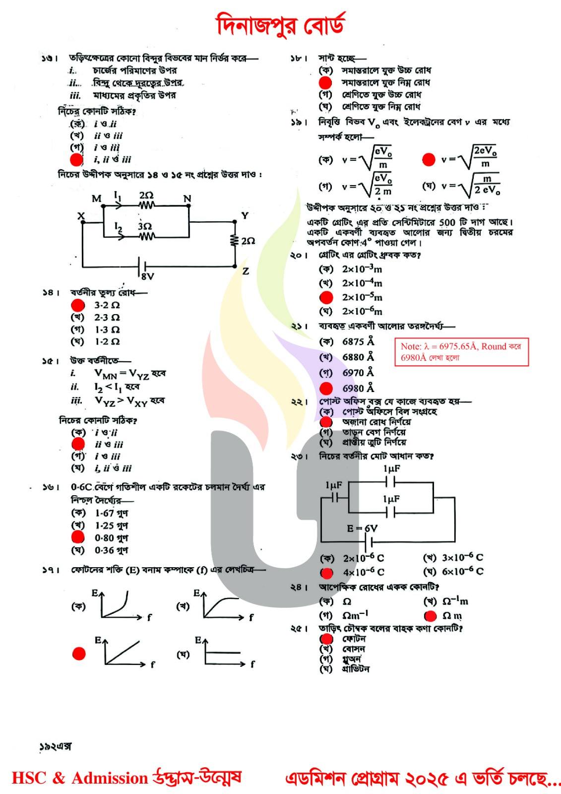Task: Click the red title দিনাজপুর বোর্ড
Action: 280,25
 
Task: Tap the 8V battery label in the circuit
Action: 147,276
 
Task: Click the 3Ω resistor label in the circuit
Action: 145,226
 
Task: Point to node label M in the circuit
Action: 96,198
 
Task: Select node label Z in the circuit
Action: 246,271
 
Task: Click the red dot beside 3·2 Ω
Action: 78,305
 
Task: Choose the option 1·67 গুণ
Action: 111,513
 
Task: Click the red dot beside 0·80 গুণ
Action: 78,537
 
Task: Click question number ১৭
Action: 50,570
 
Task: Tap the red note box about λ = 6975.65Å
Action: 461,352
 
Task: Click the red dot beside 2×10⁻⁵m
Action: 326,297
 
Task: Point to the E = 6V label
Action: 362,529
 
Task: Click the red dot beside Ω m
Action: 431,616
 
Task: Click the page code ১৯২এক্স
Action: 56,746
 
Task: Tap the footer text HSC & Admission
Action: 79,778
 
